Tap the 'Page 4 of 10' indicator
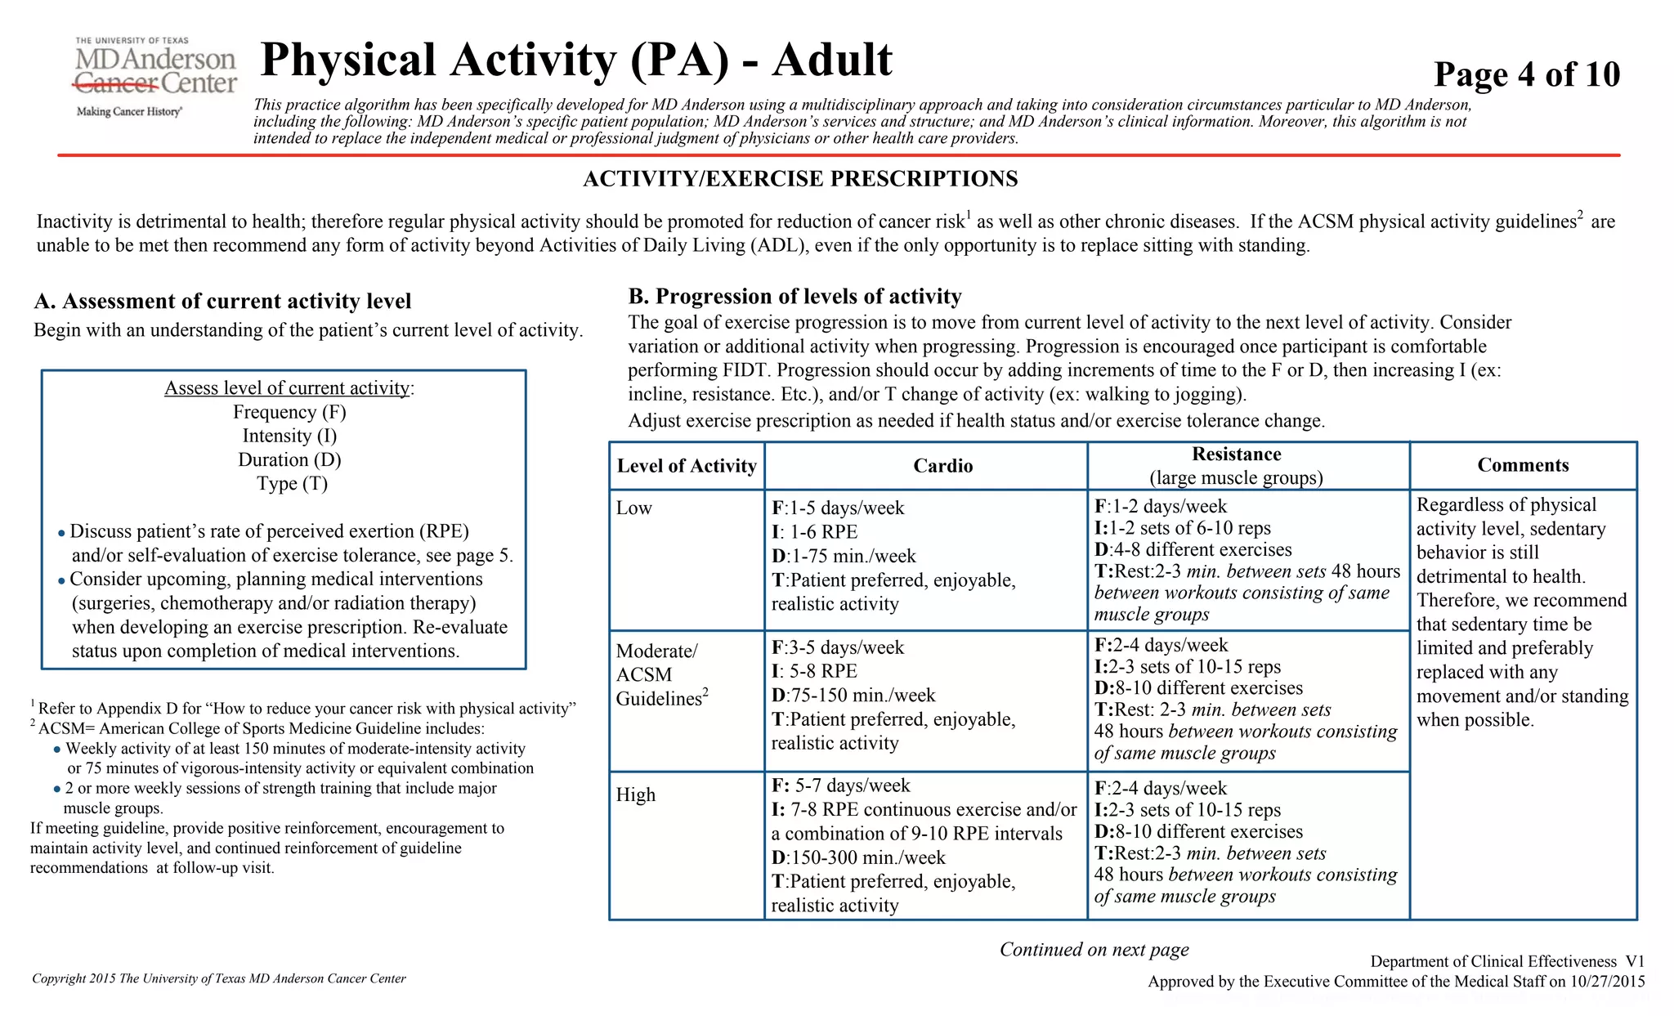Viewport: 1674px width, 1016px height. (x=1526, y=74)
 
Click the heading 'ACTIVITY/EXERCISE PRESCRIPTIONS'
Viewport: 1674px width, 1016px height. (x=800, y=179)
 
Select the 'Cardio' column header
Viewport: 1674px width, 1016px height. (x=942, y=466)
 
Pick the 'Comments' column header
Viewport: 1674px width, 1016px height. (x=1523, y=465)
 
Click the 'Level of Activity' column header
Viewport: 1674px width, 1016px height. (x=687, y=466)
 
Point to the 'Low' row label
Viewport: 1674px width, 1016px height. (x=633, y=508)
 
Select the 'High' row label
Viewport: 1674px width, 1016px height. (x=635, y=794)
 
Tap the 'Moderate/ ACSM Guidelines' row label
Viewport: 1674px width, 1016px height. (x=661, y=674)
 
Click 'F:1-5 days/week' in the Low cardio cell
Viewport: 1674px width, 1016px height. (x=838, y=508)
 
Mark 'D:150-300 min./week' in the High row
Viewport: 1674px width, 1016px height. (x=858, y=857)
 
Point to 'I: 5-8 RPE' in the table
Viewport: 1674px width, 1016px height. (x=814, y=671)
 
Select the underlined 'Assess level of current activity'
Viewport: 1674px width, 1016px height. (x=288, y=387)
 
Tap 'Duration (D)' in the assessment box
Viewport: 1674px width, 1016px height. (x=289, y=459)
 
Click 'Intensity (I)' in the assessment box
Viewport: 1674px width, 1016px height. (x=289, y=436)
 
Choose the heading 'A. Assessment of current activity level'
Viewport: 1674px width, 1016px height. (x=222, y=302)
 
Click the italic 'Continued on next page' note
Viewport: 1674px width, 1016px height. (x=1094, y=949)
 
